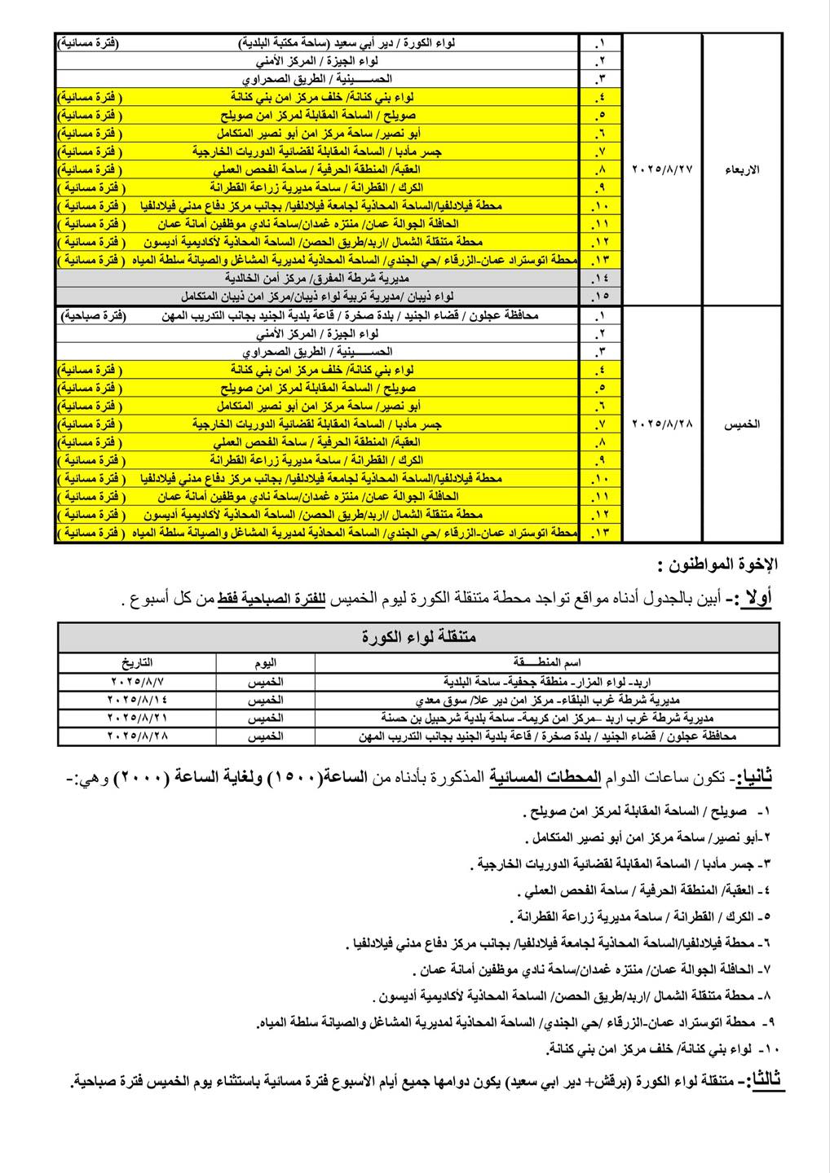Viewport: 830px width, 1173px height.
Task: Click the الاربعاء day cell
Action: coord(742,169)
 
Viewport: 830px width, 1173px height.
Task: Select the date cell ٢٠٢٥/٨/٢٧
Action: coord(662,169)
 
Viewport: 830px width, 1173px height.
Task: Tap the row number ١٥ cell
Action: coord(602,297)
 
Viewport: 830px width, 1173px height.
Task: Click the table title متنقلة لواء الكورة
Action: coord(418,636)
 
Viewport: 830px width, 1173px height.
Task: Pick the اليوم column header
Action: coord(265,662)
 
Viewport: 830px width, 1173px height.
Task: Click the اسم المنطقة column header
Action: coord(546,662)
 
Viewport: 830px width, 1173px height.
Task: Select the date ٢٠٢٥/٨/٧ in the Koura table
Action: coord(139,679)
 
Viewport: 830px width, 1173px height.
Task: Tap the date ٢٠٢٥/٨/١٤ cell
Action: coord(139,699)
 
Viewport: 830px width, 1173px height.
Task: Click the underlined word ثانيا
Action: coord(753,779)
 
